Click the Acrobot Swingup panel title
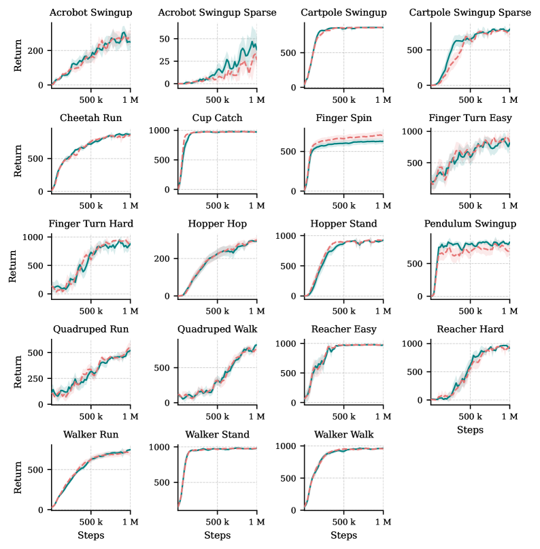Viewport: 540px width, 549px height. (x=91, y=13)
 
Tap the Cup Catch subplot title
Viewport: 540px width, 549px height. (x=218, y=118)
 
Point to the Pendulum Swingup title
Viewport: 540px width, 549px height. (x=470, y=224)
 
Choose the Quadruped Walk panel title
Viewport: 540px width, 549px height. (x=218, y=330)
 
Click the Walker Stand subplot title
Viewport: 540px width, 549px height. (x=218, y=435)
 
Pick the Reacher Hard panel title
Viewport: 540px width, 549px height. (x=470, y=330)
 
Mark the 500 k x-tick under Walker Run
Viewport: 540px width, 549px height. (x=91, y=522)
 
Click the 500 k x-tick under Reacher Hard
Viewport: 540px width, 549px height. (x=470, y=416)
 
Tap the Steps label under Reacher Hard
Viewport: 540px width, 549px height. (x=470, y=430)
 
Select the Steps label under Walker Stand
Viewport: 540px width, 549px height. (x=218, y=535)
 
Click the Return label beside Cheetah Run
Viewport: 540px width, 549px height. (x=18, y=160)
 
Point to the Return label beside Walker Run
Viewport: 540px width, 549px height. (x=18, y=477)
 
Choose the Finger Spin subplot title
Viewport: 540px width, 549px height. (x=343, y=118)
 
